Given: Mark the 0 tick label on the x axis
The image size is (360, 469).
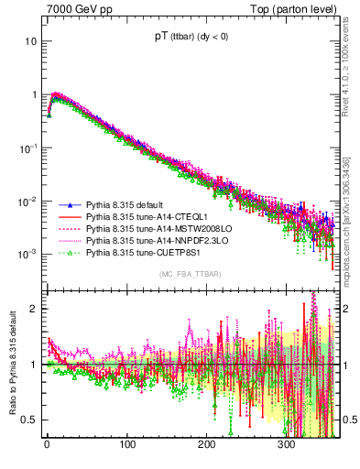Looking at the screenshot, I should [47, 448].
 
